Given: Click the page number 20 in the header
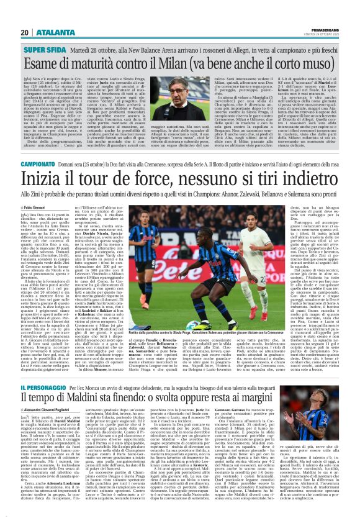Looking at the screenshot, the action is point(25,33).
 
